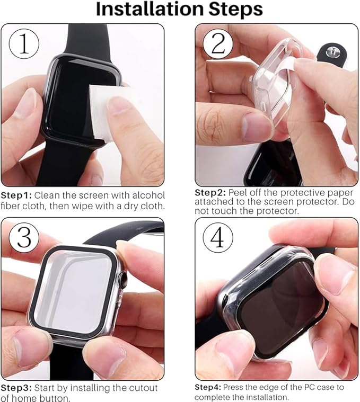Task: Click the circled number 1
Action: coord(24,44)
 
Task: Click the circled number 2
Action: coord(218,44)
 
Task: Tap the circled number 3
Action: coord(24,238)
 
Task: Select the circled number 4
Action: coord(218,238)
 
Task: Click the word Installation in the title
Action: coord(150,9)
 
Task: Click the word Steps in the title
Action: coord(235,10)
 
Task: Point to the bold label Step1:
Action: coord(16,195)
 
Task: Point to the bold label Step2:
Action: coord(210,193)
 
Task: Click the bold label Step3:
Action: coord(16,388)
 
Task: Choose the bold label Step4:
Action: coord(209,387)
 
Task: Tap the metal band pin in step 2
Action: coord(332,51)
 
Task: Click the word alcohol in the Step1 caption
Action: coord(148,195)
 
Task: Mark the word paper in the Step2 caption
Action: coord(339,193)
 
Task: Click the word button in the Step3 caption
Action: coord(54,398)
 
